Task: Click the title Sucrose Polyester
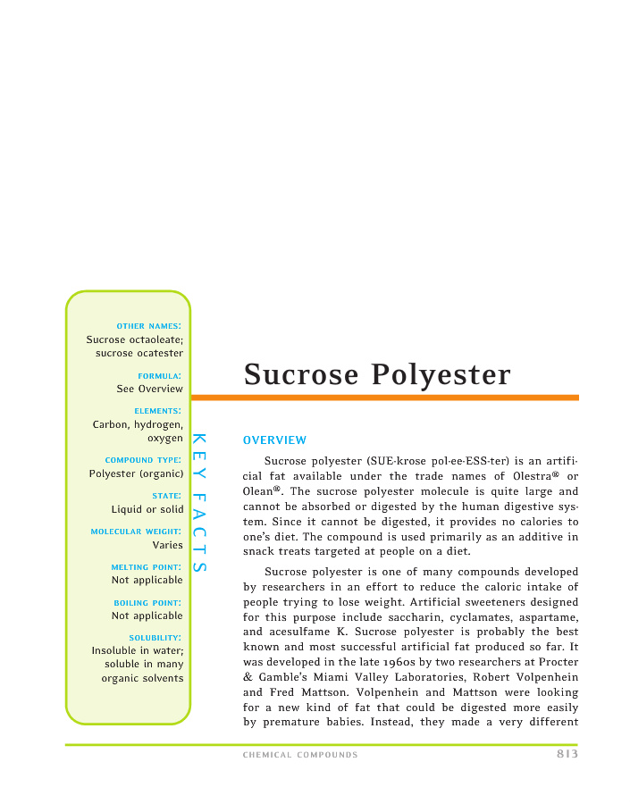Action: [377, 374]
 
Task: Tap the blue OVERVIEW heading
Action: [274, 440]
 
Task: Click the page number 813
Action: [561, 754]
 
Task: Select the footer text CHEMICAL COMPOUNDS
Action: [300, 756]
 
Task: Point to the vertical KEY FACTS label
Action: [199, 502]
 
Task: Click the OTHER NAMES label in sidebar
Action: [149, 325]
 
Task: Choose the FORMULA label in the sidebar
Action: [160, 375]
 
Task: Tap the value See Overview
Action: [149, 389]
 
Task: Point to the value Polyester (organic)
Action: [136, 473]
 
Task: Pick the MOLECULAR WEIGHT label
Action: [137, 532]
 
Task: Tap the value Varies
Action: [168, 545]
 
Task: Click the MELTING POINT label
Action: [147, 566]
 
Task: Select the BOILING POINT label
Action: [147, 602]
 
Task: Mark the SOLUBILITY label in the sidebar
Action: [155, 637]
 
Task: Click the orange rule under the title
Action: [384, 398]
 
